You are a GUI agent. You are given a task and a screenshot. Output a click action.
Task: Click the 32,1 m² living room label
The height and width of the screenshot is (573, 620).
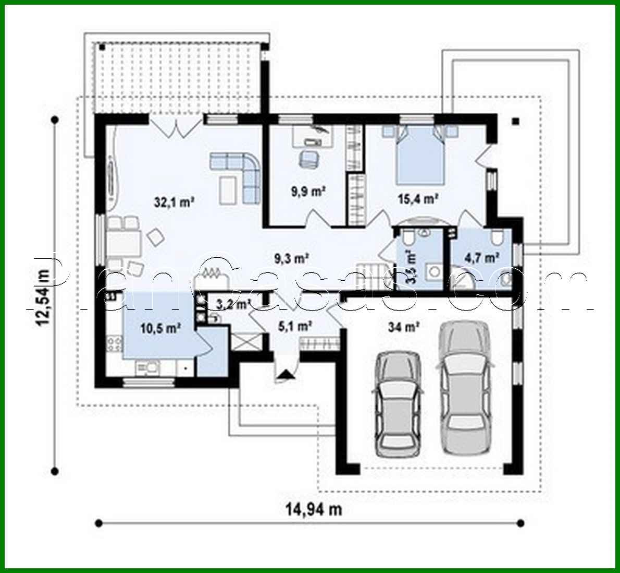pos(174,201)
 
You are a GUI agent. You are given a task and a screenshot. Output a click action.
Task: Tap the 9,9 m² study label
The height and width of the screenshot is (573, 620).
pos(308,192)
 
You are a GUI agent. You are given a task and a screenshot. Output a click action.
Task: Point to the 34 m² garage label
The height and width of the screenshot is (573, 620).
pos(404,327)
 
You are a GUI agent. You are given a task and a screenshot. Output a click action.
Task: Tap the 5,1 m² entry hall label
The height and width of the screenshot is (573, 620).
pos(295,327)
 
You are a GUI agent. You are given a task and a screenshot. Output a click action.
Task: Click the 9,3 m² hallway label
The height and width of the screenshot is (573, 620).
pos(292,257)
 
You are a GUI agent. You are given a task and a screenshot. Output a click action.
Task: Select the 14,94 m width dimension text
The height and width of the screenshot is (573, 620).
pos(314,509)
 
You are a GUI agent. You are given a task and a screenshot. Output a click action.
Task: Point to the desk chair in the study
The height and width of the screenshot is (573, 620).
pos(308,159)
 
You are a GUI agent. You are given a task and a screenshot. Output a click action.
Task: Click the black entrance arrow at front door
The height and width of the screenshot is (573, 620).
pos(284,374)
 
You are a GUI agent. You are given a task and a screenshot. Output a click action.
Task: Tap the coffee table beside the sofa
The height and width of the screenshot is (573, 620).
pos(228,190)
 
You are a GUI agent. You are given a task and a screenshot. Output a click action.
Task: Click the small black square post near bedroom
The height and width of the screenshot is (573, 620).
pos(515,122)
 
